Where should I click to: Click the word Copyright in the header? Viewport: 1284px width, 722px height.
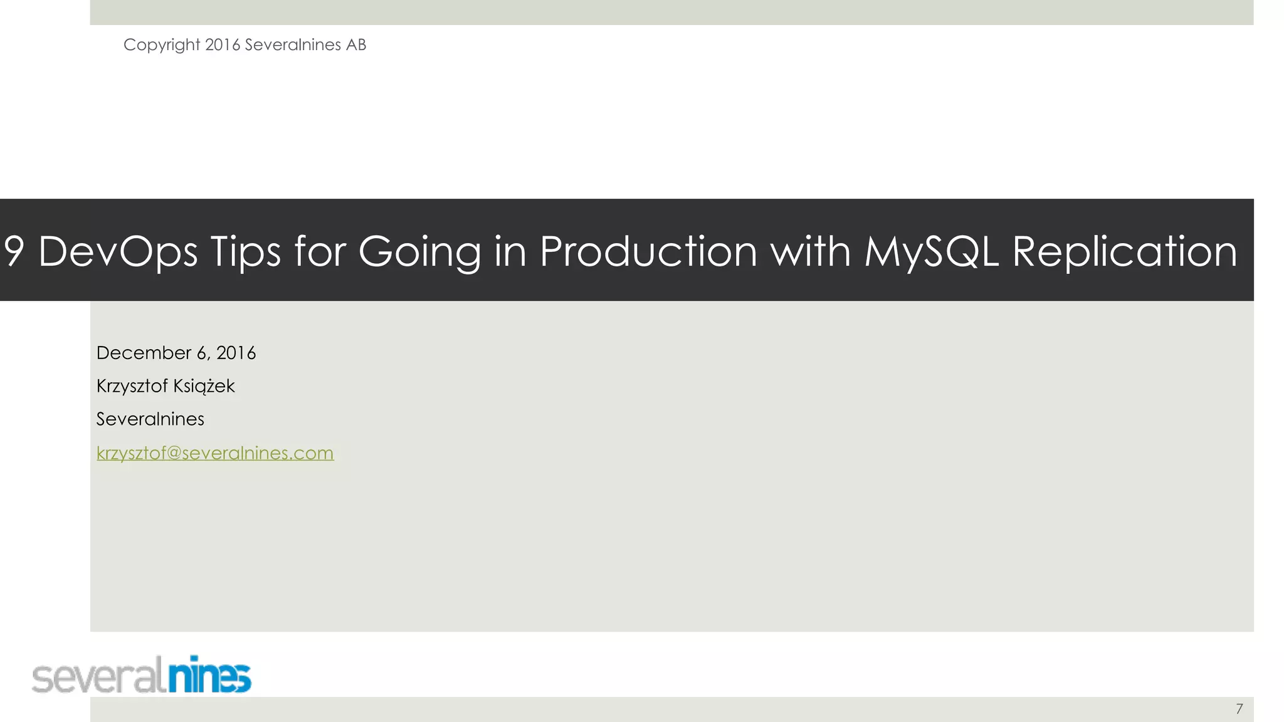coord(162,45)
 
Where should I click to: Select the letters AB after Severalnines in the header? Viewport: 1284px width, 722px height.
coord(355,45)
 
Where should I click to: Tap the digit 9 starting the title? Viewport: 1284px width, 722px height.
coord(14,251)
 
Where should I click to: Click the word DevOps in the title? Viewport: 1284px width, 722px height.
coord(118,251)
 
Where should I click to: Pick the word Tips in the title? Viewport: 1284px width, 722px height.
coord(245,251)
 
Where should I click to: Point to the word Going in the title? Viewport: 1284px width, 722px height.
coord(419,251)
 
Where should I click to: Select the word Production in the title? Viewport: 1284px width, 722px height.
coord(648,251)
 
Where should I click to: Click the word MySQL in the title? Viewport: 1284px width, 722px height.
coord(931,251)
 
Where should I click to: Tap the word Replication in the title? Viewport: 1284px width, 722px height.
coord(1125,251)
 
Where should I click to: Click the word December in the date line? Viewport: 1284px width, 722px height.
coord(144,353)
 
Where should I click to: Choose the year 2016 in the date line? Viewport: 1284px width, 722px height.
coord(236,353)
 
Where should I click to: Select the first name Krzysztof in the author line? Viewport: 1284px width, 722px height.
coord(132,386)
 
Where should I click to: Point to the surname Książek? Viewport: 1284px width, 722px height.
coord(204,386)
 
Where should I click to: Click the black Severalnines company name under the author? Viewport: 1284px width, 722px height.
coord(150,419)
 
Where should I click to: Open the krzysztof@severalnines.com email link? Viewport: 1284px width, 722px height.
coord(215,453)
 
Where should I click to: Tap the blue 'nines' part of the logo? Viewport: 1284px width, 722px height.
coord(209,676)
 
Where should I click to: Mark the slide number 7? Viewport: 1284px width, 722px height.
coord(1239,709)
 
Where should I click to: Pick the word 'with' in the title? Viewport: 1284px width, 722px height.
coord(810,251)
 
